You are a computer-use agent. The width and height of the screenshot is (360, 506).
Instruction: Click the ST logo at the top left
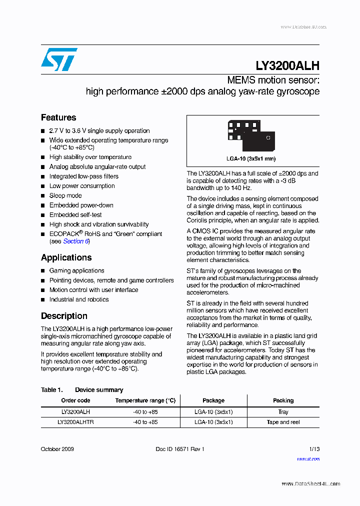coord(59,59)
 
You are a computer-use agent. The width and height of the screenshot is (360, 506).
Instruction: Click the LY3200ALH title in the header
coord(287,66)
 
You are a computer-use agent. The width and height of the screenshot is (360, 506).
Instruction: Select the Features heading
coord(58,118)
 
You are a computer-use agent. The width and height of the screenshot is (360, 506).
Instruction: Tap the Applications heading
coord(66,258)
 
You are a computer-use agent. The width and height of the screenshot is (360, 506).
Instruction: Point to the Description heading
coord(64,316)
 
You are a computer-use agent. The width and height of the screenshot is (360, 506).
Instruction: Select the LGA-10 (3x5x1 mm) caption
coord(250,158)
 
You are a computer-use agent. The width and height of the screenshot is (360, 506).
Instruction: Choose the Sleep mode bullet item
coord(65,195)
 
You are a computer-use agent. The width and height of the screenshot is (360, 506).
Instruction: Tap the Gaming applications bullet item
coord(76,270)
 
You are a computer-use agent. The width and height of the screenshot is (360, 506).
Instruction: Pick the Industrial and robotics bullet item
coord(78,299)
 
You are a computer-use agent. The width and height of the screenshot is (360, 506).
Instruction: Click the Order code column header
coord(75,400)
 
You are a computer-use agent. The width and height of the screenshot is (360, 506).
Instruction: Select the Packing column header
coord(283,400)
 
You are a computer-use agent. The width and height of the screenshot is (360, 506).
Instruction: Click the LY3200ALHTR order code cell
coord(75,422)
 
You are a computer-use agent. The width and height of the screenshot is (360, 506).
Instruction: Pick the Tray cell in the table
coord(283,412)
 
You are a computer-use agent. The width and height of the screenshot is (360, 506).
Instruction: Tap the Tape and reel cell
coord(283,422)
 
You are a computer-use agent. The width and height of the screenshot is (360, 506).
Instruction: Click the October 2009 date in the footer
coord(57,449)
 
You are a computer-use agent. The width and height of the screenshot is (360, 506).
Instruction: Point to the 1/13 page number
coord(314,449)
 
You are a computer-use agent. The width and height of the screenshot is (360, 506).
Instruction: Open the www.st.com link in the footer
coord(308,458)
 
